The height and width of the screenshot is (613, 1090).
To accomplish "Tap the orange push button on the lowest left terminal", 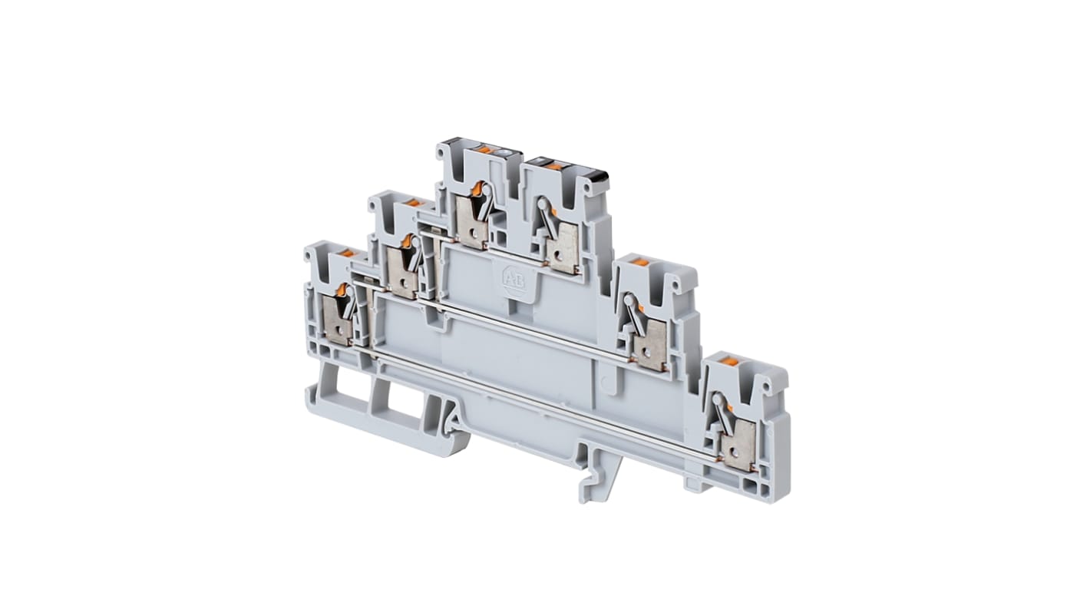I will (346, 253).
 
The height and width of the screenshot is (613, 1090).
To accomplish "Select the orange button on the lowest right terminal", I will (731, 361).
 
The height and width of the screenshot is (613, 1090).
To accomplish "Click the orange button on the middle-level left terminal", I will (412, 203).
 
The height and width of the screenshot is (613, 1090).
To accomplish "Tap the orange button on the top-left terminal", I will (484, 148).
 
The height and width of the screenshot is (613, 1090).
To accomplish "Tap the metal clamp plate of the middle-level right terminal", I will (652, 346).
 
